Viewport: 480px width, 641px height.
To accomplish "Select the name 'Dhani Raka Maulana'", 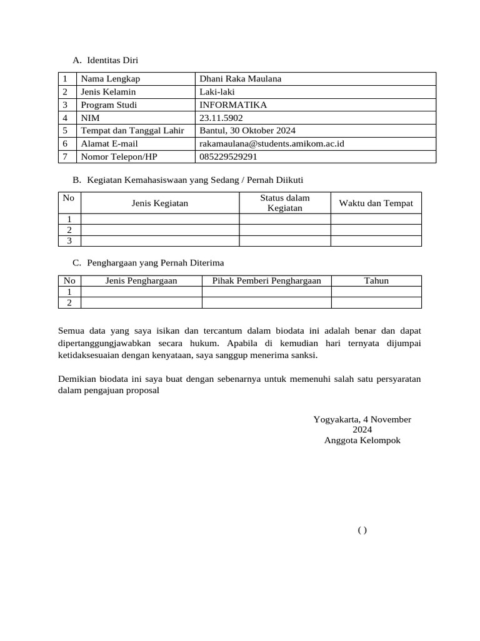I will point(240,78).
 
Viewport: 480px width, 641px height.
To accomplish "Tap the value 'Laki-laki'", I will point(217,91).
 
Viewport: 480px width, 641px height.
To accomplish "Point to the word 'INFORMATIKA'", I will point(232,105).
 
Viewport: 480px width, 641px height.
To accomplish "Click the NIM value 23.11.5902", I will point(221,118).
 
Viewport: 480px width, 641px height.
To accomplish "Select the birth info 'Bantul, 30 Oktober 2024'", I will point(247,130).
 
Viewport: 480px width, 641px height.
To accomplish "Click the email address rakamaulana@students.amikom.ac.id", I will point(272,143).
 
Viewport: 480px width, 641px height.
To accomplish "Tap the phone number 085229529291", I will point(228,156).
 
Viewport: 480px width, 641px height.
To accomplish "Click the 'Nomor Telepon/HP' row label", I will point(119,156).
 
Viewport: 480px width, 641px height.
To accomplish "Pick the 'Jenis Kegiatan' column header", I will point(160,203).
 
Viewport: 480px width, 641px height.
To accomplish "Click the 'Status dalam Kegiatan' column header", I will point(284,203).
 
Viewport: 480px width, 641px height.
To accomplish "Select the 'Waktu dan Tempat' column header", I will point(376,203).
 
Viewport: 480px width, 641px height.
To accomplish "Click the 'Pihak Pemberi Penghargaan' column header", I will point(266,280).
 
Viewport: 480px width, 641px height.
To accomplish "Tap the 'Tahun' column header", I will point(376,280).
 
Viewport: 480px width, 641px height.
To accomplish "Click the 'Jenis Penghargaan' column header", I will point(141,280).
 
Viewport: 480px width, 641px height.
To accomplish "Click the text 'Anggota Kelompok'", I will point(362,440).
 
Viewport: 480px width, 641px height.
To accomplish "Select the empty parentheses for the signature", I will point(362,530).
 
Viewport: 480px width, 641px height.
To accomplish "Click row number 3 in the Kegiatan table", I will point(69,240).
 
